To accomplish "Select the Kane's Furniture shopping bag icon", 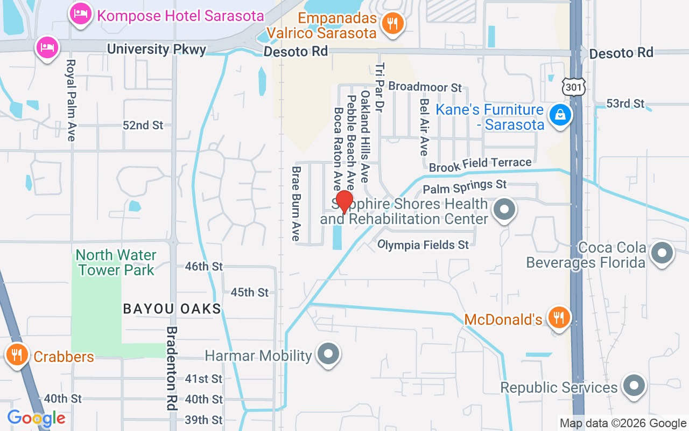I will click(x=560, y=114).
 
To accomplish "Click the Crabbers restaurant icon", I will click(x=17, y=355).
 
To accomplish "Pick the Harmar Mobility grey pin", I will click(x=328, y=354).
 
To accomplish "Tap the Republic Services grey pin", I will click(x=634, y=386).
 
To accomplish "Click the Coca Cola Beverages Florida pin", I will click(x=662, y=252).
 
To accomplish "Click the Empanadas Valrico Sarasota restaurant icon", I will click(x=392, y=23).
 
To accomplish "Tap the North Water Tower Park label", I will click(x=116, y=262).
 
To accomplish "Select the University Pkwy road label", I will click(x=157, y=50).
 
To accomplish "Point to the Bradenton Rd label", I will click(x=172, y=369).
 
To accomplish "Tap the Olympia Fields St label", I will click(x=423, y=245).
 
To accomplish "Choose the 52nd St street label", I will click(x=143, y=126).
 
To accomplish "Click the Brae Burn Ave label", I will click(x=296, y=203).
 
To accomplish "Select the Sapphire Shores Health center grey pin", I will click(x=504, y=209).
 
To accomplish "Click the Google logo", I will click(x=36, y=418).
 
